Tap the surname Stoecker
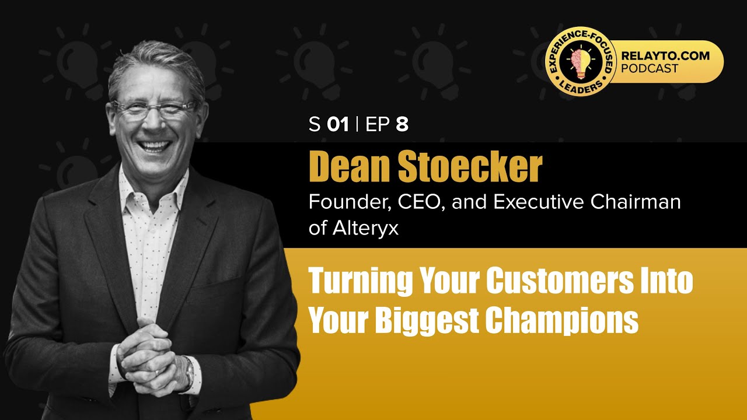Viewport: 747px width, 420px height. [470, 168]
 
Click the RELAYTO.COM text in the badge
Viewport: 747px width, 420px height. [665, 57]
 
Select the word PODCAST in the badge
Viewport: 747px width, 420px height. [650, 69]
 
